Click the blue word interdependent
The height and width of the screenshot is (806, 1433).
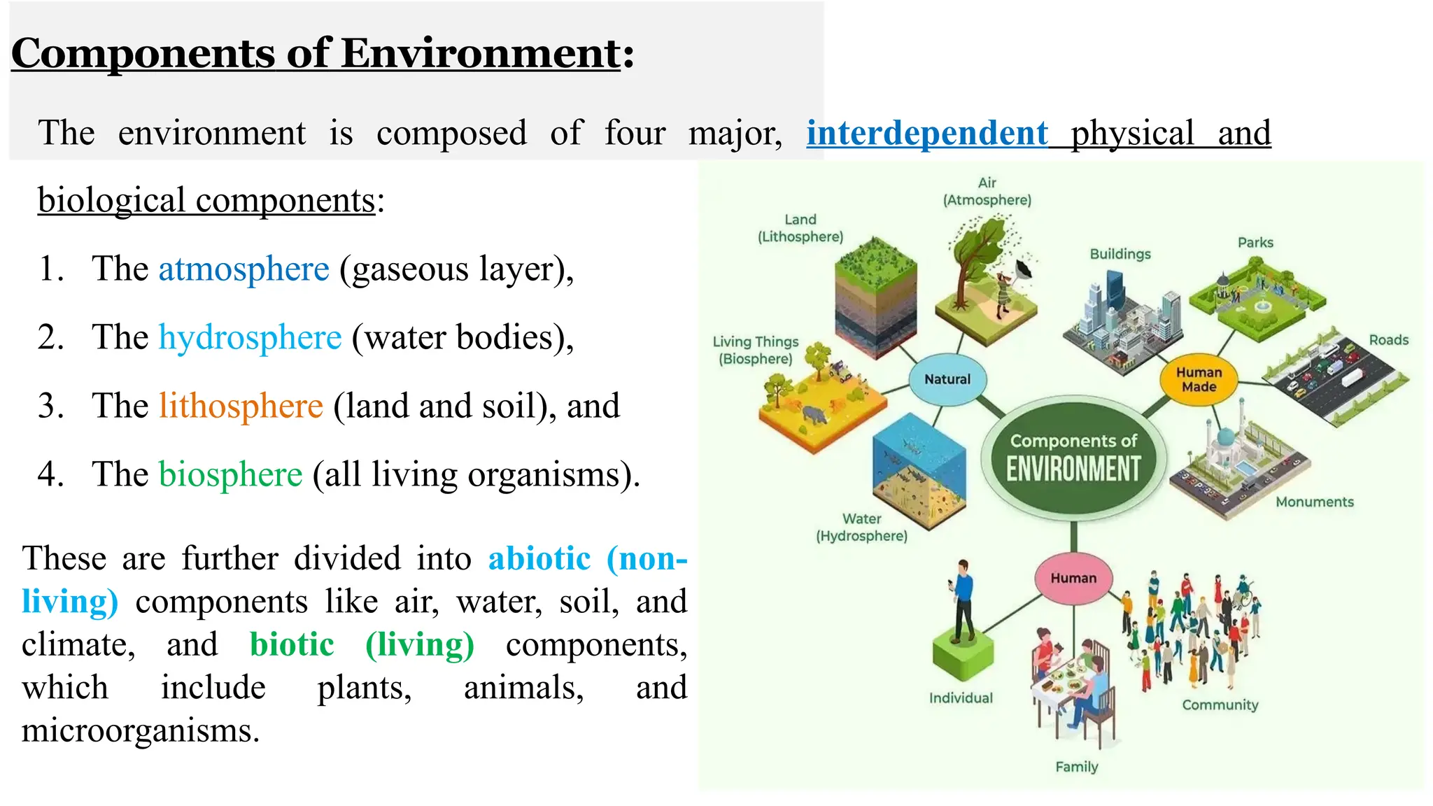(926, 133)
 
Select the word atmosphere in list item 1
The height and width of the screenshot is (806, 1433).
(243, 269)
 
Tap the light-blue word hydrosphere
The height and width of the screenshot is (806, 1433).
(250, 338)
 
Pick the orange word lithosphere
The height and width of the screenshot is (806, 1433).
(241, 406)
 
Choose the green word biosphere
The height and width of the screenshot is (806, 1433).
(230, 475)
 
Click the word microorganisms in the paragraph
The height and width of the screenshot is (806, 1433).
(140, 730)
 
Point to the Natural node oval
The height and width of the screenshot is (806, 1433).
(947, 379)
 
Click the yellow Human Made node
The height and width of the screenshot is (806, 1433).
(1199, 379)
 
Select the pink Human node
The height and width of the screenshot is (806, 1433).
(1073, 578)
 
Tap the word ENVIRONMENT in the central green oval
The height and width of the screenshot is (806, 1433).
(1073, 469)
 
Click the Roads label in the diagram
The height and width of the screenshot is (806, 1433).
(1388, 340)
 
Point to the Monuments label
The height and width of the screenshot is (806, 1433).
(1314, 502)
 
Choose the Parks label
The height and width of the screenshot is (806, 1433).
(1255, 243)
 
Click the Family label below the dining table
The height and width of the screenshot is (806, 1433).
(1076, 767)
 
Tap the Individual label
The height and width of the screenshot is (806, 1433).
(961, 698)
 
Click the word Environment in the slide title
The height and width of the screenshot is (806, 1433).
(481, 53)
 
